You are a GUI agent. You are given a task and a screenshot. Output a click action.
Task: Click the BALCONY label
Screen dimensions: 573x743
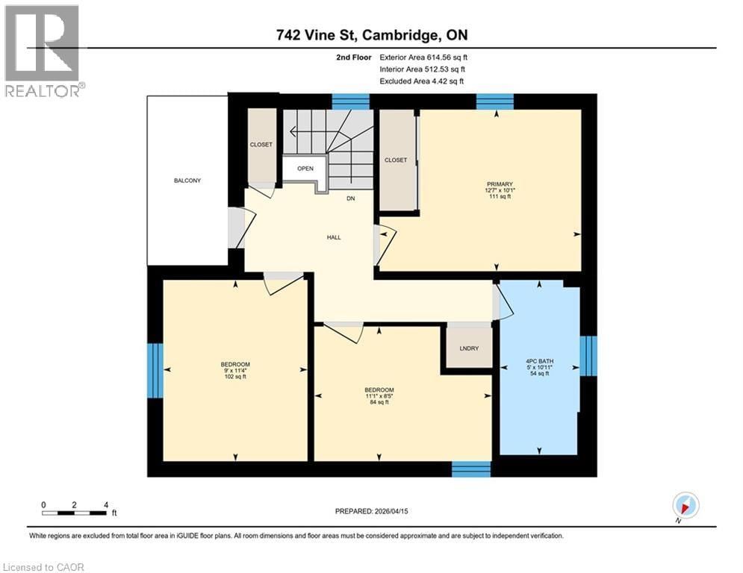(187, 181)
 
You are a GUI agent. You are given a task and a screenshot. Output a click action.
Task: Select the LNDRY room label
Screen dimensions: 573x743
(469, 349)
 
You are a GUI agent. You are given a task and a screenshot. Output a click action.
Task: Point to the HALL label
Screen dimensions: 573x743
(333, 237)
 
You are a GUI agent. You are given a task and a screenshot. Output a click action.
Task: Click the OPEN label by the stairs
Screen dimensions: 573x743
(305, 169)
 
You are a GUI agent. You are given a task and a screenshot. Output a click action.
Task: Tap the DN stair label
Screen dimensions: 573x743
(350, 198)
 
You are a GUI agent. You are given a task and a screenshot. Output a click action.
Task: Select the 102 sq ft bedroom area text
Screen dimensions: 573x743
(235, 377)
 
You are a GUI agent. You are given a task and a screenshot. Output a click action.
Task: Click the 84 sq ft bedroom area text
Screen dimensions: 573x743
(379, 403)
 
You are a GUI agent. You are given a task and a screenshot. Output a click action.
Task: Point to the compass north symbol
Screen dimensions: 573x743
(685, 505)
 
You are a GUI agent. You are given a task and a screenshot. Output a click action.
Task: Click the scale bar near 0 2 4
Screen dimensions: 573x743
(74, 513)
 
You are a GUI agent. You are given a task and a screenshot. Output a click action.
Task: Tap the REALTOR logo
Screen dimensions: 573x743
(43, 51)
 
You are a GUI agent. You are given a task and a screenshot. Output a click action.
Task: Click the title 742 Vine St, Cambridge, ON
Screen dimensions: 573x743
(371, 34)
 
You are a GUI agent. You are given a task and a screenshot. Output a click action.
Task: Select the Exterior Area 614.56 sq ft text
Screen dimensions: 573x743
(423, 57)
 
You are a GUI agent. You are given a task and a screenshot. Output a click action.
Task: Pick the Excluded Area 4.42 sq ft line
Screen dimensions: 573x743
(423, 81)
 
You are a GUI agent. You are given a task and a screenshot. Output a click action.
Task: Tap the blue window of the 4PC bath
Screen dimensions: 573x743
(588, 356)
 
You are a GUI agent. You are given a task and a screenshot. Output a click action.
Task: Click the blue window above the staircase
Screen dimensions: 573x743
(350, 101)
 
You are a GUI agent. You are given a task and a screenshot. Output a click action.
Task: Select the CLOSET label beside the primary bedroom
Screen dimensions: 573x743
(396, 160)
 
